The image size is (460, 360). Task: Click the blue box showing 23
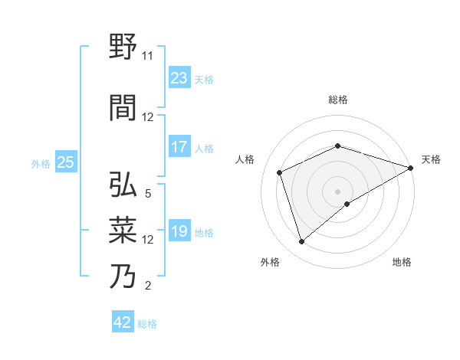(179, 78)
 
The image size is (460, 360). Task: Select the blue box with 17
(179, 147)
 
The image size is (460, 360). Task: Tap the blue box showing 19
(179, 231)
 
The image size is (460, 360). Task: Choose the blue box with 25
(66, 162)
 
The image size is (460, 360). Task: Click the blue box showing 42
(123, 322)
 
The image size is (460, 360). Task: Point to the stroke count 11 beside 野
(148, 56)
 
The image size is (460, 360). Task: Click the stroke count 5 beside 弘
(148, 194)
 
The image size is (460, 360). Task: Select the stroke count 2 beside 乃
(148, 286)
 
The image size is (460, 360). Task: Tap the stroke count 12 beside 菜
(148, 240)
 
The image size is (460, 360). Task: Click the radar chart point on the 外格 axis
(301, 242)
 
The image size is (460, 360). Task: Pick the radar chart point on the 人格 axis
(280, 172)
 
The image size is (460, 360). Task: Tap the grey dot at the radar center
(338, 191)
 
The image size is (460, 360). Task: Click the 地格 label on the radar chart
(402, 262)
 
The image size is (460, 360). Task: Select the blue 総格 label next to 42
(147, 323)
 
